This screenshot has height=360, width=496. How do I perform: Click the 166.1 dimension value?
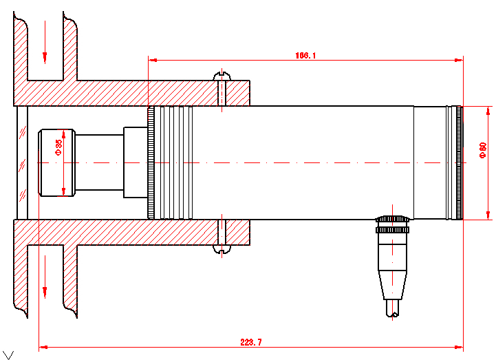pos(305,56)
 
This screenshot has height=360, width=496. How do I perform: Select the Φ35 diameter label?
pos(58,147)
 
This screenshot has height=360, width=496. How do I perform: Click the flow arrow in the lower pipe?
pos(45,282)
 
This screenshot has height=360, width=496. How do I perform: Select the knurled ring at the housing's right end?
pos(457,162)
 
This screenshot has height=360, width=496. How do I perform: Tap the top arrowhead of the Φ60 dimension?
pos(489,111)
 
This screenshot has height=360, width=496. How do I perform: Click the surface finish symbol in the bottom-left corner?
pos(8,354)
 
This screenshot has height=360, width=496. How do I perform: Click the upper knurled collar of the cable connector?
pos(393,220)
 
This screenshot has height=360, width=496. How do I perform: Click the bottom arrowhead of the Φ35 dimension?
pos(63,192)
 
